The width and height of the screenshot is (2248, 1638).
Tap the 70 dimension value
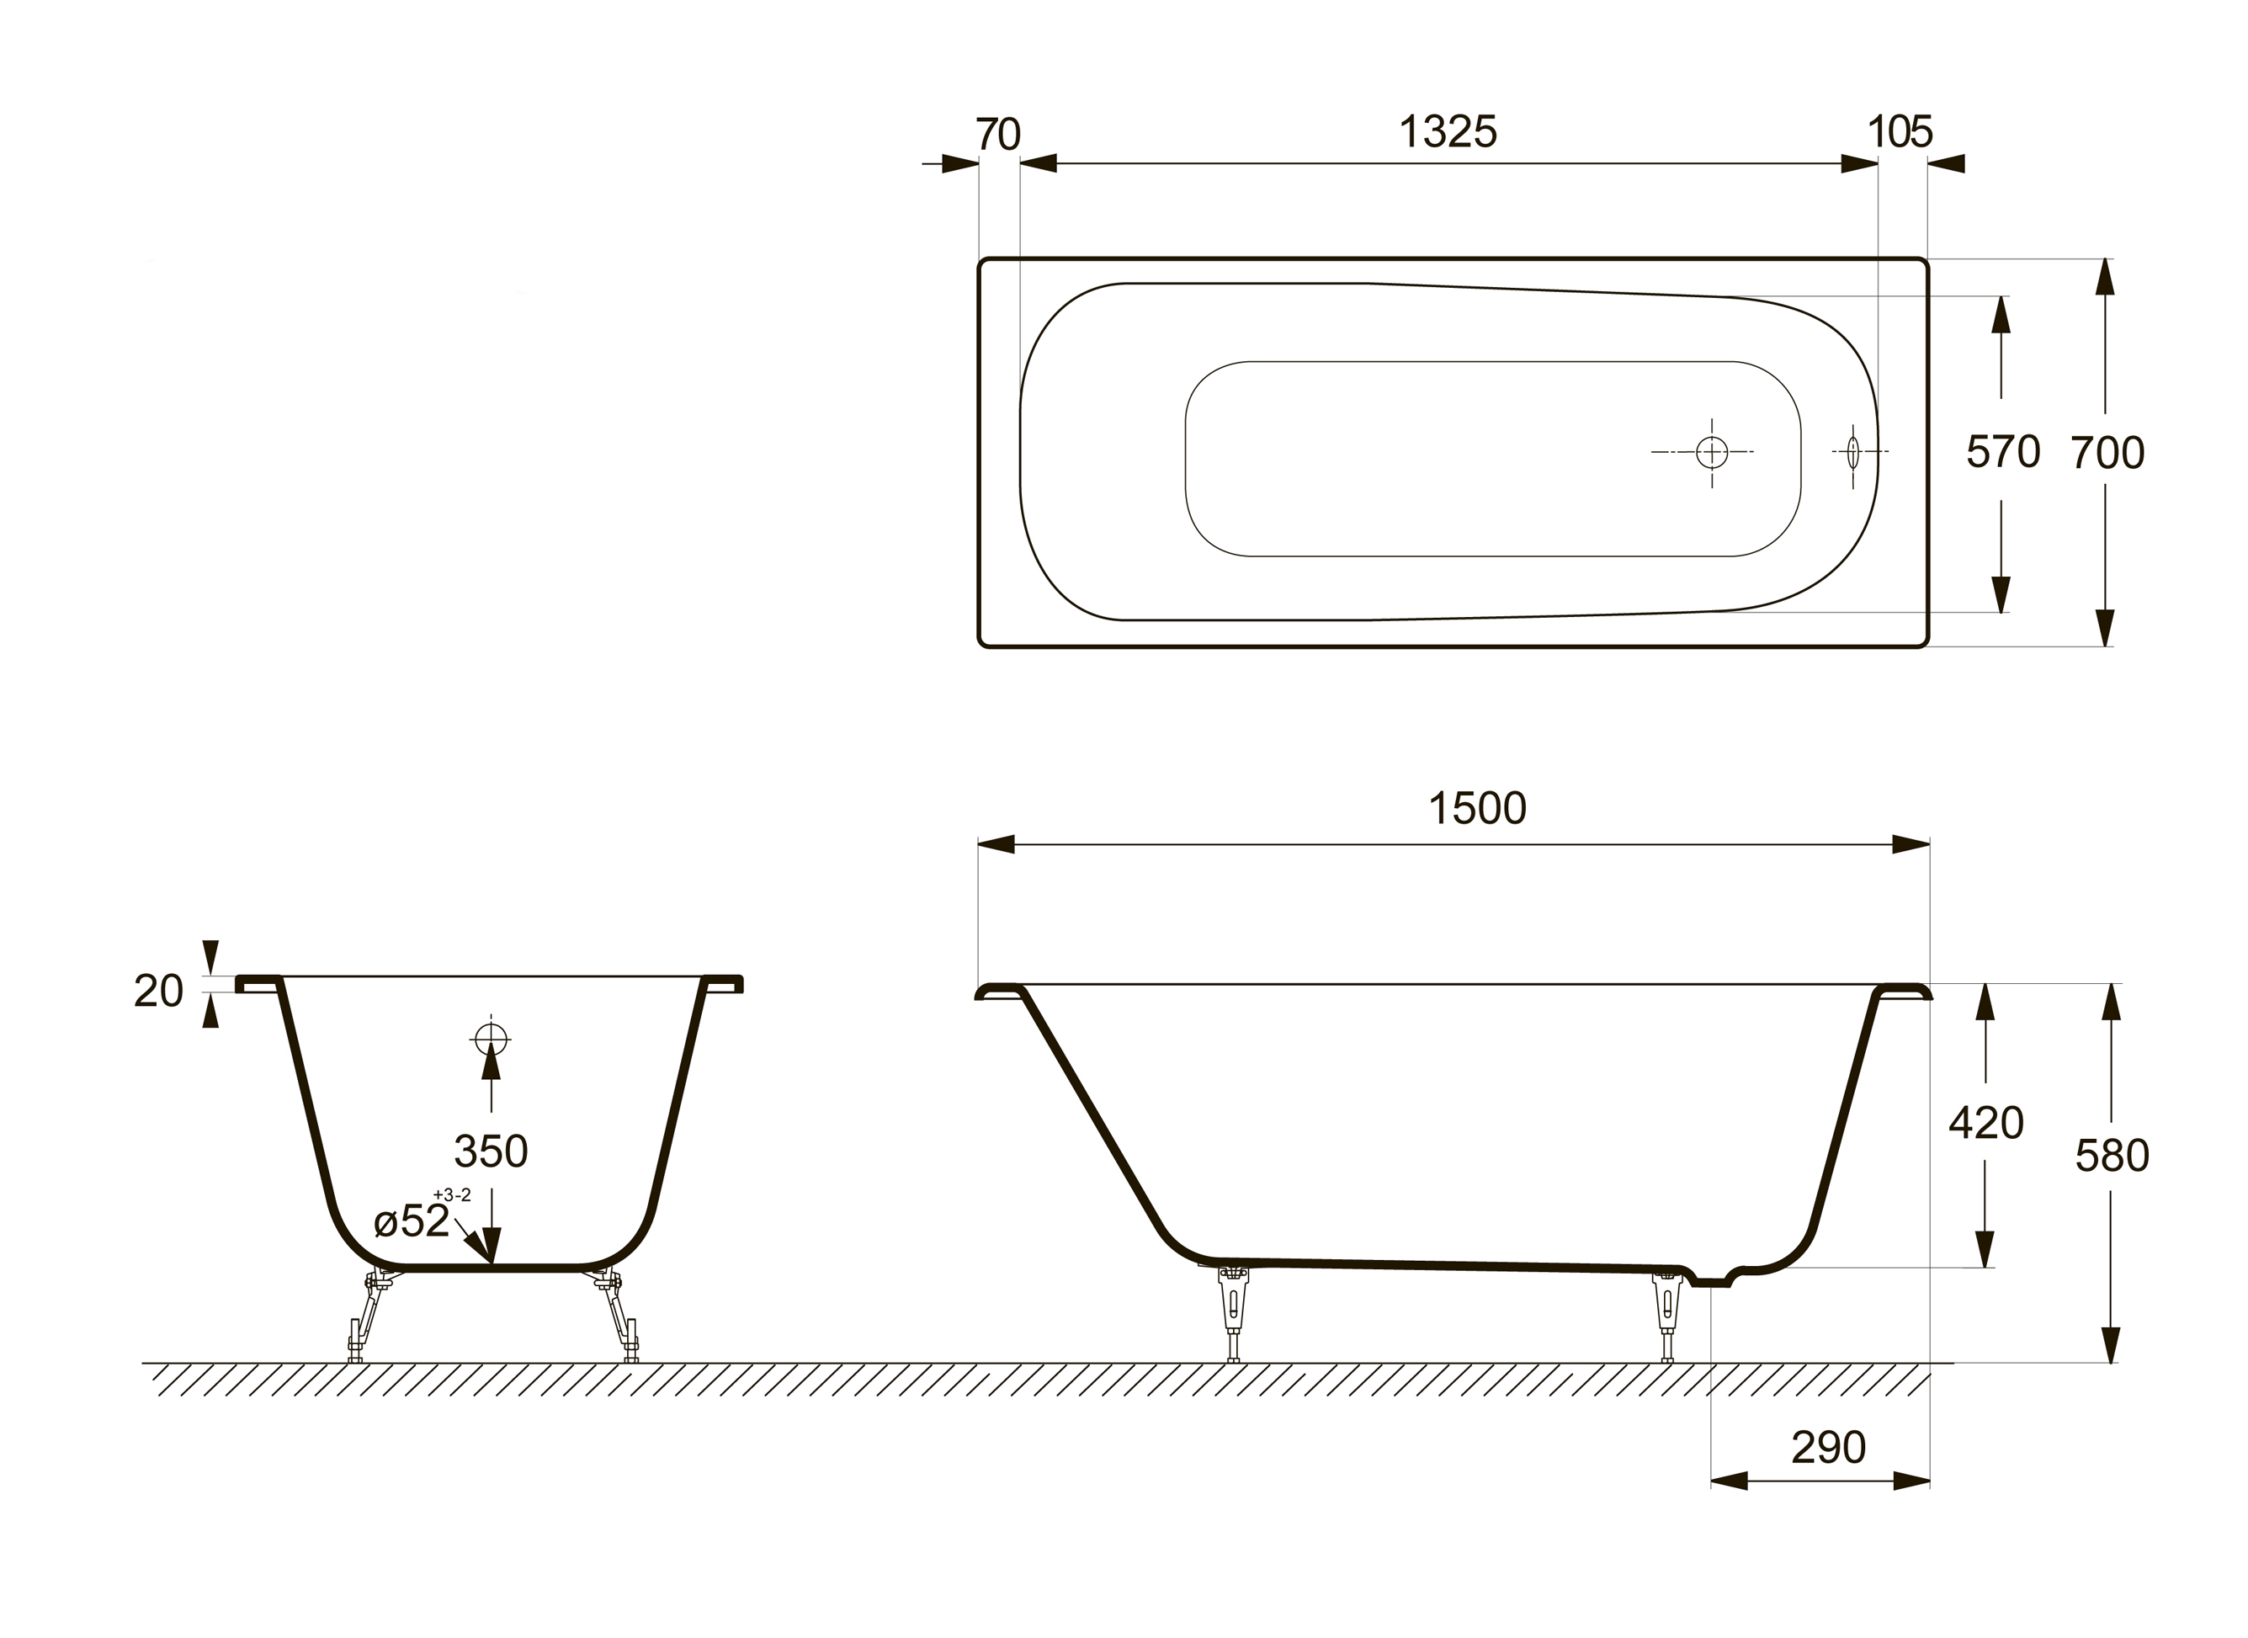click(998, 135)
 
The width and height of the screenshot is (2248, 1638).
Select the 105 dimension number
click(1899, 132)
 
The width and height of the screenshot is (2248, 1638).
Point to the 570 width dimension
click(2003, 452)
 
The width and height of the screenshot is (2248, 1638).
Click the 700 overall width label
click(2107, 453)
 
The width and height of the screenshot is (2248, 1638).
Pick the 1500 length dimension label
click(1477, 809)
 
